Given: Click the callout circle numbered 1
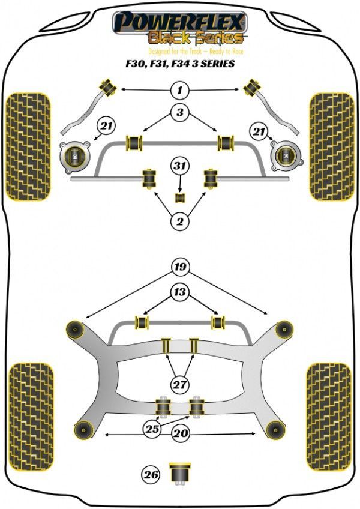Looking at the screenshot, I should click(x=179, y=91).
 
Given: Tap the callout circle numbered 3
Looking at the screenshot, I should click(x=179, y=112).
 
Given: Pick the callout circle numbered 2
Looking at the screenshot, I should click(x=179, y=223).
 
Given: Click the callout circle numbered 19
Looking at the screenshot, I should click(x=179, y=267).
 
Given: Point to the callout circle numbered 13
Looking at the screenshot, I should click(x=179, y=293).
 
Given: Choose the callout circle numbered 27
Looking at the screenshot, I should click(x=179, y=385).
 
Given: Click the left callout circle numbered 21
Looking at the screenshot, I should click(x=106, y=127).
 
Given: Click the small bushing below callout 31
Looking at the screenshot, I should click(x=179, y=197).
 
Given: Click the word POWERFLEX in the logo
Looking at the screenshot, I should click(x=179, y=23).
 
